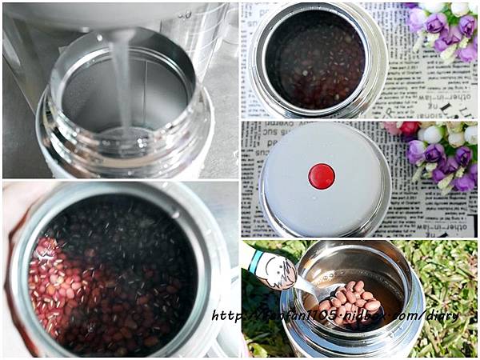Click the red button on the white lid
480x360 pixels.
tap(322, 176)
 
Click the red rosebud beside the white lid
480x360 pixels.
tap(410, 129)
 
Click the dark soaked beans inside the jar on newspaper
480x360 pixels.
tap(316, 56)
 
